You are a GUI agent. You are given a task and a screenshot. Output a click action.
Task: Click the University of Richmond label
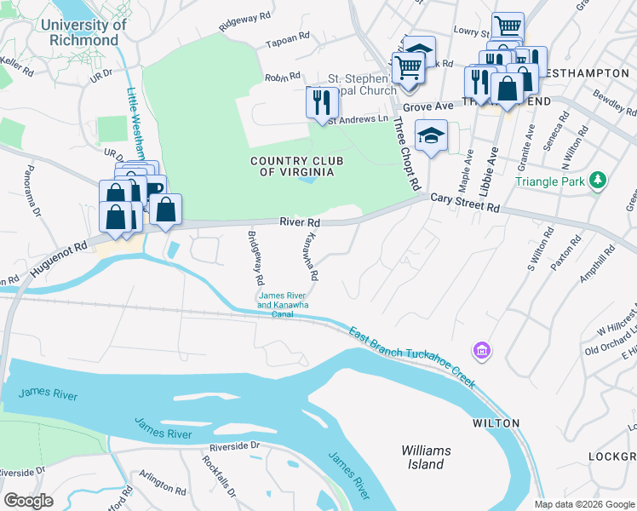point(83,32)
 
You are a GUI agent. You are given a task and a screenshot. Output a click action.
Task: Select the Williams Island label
point(427,457)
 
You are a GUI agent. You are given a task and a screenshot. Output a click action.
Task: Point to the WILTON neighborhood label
point(496,423)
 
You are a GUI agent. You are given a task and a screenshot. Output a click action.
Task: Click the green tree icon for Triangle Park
point(599,180)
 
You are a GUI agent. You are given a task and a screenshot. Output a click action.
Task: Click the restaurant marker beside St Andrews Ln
point(321,103)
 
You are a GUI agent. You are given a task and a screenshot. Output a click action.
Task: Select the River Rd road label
point(299,221)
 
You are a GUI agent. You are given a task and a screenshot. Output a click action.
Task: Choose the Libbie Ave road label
point(488,175)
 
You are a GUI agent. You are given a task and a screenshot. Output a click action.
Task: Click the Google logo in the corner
point(28,501)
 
